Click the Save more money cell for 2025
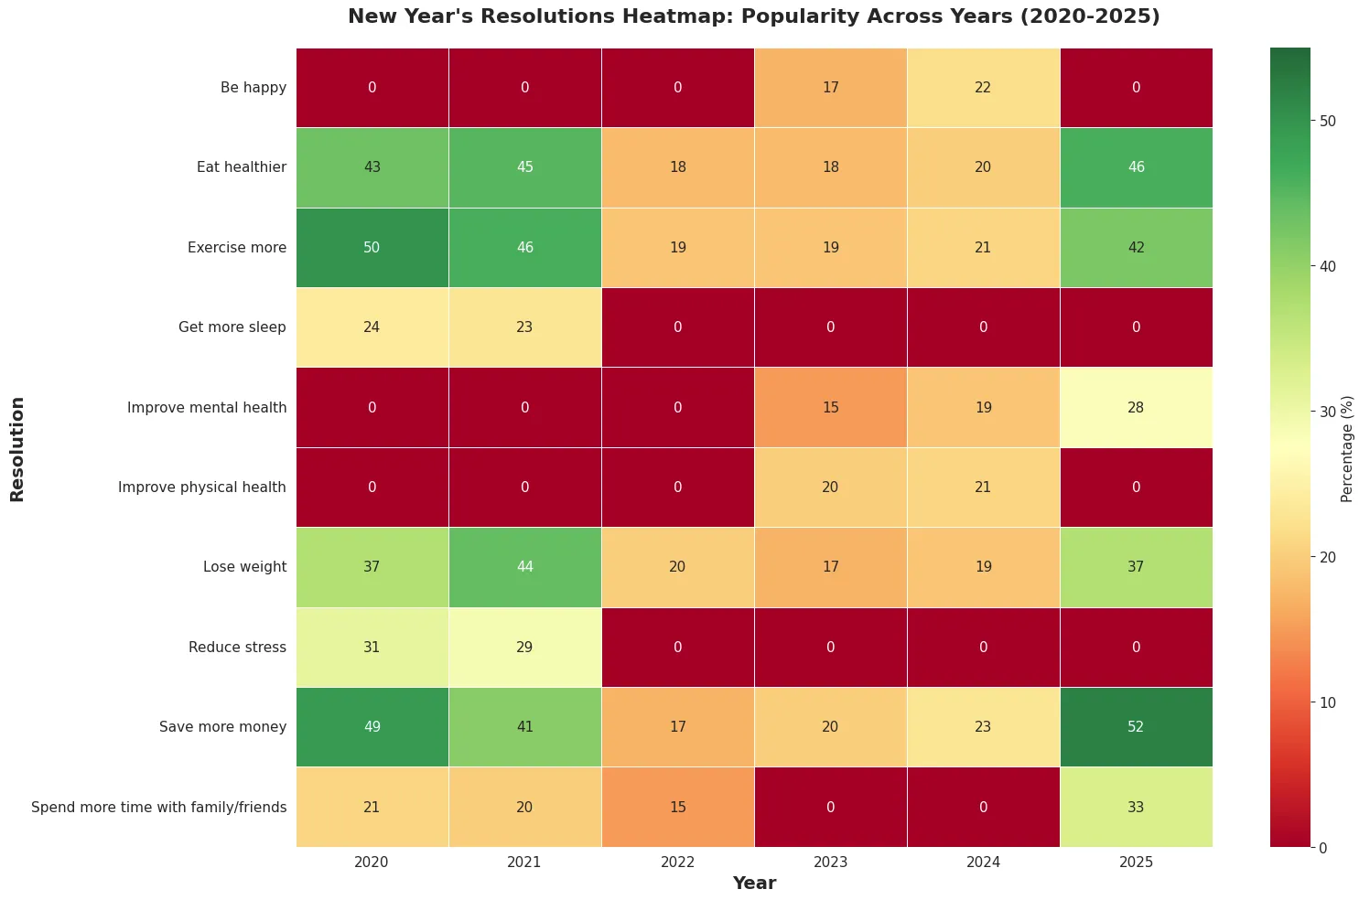tap(1136, 726)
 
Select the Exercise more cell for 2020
tap(372, 247)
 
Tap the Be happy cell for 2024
tap(983, 88)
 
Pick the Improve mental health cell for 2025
tap(1136, 407)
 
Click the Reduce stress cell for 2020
tap(372, 647)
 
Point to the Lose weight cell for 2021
tap(524, 567)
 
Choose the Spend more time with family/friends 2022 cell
tap(677, 807)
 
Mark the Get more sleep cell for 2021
tap(524, 327)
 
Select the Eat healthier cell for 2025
tap(1136, 167)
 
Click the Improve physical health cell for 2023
tap(830, 487)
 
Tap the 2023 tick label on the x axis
tap(830, 862)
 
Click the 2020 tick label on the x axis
tap(372, 862)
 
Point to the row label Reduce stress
tap(237, 647)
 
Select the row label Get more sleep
tap(232, 327)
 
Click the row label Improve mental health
tap(207, 407)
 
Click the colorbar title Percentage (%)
tap(1346, 448)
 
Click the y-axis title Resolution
tap(17, 448)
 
